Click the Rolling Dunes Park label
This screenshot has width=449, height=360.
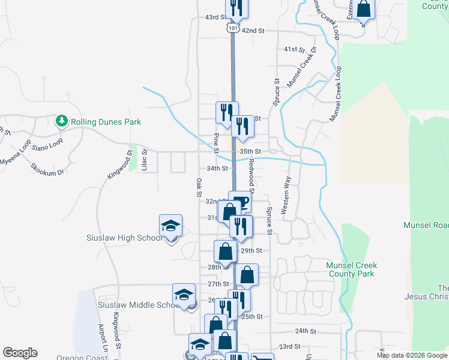point(106,122)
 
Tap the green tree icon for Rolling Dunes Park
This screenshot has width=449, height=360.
point(61,122)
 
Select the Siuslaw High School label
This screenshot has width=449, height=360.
point(124,238)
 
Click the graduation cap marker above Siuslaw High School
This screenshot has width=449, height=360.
point(170,226)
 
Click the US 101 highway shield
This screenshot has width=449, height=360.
point(234,28)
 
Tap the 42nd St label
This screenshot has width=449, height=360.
point(253,30)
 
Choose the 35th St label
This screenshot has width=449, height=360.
point(250,152)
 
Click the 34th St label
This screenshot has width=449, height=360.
point(217,169)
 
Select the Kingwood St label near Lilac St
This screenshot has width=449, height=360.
point(119,164)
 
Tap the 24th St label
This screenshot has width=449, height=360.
point(305,331)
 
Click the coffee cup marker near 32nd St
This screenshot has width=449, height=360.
point(240,202)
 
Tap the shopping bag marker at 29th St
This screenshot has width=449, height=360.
point(225,251)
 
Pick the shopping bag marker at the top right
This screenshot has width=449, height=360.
point(363,8)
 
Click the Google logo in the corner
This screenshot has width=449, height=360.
point(20,353)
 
